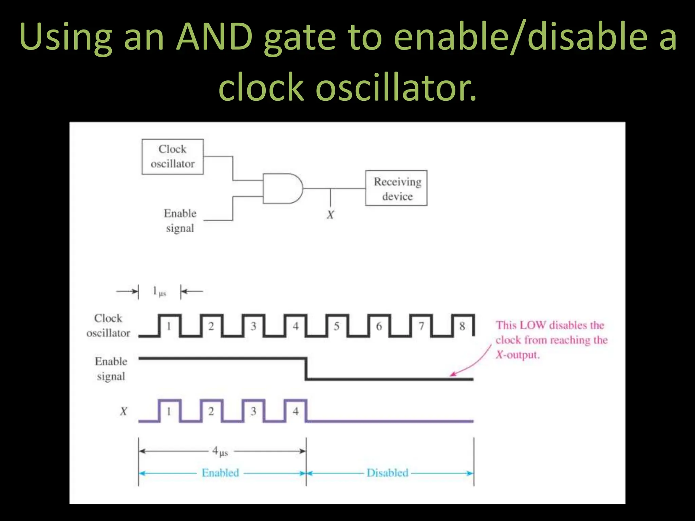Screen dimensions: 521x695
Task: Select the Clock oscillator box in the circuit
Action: pyautogui.click(x=172, y=157)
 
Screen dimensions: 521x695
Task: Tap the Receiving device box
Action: pyautogui.click(x=396, y=188)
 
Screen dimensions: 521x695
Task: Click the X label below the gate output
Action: pyautogui.click(x=330, y=215)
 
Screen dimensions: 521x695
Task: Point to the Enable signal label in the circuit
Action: pyautogui.click(x=180, y=220)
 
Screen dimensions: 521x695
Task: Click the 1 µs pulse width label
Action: pyautogui.click(x=159, y=291)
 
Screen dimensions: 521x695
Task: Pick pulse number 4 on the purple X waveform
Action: pyautogui.click(x=296, y=411)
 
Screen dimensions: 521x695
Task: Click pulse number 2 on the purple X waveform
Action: pyautogui.click(x=211, y=411)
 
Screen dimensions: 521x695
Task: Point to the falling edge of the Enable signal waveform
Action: pyautogui.click(x=306, y=369)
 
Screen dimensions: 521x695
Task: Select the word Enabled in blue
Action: pyautogui.click(x=220, y=473)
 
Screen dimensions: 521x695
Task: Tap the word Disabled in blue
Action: pyautogui.click(x=387, y=473)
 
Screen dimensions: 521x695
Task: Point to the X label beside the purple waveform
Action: pyautogui.click(x=124, y=411)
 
